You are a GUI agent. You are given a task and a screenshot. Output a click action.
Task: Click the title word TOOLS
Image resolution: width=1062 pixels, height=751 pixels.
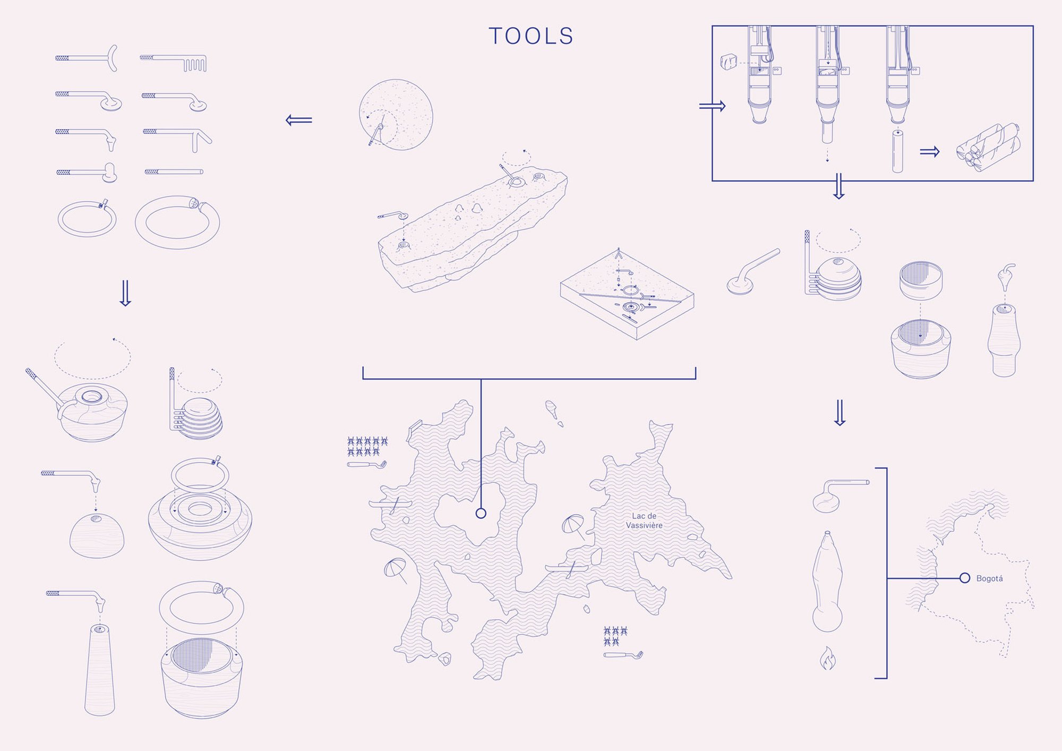coord(531,36)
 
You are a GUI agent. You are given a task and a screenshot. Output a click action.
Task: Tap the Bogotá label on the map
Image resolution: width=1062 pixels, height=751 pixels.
coord(989,578)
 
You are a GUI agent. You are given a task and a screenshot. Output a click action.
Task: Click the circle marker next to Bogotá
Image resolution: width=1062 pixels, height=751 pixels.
coord(965,578)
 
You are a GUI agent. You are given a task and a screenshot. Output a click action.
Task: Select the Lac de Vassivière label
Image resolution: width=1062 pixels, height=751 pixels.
coord(644,520)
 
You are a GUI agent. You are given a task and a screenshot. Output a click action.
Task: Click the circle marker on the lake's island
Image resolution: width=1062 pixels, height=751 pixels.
coord(481,513)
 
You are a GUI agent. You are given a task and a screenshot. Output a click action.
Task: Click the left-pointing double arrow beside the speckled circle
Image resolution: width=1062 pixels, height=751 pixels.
coord(299,120)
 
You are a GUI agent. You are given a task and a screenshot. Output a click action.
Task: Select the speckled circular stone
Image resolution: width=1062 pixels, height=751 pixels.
coord(396,115)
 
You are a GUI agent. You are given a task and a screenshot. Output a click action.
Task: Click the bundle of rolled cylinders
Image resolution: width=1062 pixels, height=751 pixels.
coord(988,147)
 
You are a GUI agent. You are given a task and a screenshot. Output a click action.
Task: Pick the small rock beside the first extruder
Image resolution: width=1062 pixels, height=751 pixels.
coord(729,62)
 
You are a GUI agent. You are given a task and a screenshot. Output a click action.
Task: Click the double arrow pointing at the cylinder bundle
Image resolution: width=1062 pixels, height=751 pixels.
coord(929,152)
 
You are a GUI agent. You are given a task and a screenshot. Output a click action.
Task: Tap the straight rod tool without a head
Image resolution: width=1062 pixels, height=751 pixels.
coord(174,172)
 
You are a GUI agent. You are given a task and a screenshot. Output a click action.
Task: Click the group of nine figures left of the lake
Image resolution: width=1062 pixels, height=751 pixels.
coord(367,446)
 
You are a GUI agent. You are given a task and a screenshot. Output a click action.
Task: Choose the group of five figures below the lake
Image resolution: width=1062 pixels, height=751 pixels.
coord(615,636)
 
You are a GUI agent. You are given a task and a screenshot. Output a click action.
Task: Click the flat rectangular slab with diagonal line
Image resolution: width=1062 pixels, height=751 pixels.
coord(627,295)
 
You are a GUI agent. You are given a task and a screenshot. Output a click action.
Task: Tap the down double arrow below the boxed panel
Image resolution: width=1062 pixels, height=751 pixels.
coord(839,186)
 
